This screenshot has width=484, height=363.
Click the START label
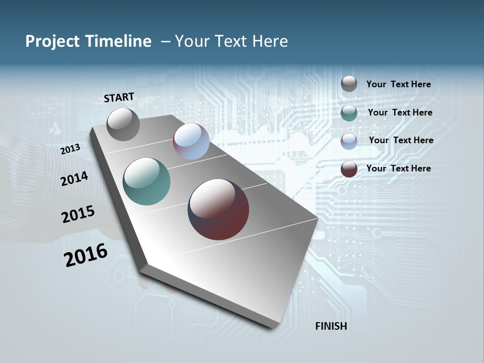pyautogui.click(x=119, y=97)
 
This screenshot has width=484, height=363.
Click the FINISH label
pyautogui.click(x=331, y=326)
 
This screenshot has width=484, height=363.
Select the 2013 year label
pyautogui.click(x=71, y=149)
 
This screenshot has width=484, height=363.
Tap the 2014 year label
pyautogui.click(x=74, y=178)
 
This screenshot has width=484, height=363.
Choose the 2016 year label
pyautogui.click(x=86, y=255)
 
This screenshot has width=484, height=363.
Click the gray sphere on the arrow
pyautogui.click(x=123, y=124)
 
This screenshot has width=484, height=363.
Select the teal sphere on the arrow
pyautogui.click(x=146, y=181)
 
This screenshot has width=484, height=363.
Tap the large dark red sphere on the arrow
pyautogui.click(x=218, y=209)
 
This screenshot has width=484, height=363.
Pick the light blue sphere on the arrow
pyautogui.click(x=191, y=141)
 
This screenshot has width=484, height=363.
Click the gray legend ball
pyautogui.click(x=349, y=84)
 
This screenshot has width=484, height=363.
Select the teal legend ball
pyautogui.click(x=349, y=113)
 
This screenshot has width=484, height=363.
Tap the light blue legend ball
pyautogui.click(x=349, y=141)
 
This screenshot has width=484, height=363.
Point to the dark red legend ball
pyautogui.click(x=349, y=169)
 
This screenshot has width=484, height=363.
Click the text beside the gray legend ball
pyautogui.click(x=398, y=84)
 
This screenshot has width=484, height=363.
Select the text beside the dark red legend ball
pyautogui.click(x=398, y=168)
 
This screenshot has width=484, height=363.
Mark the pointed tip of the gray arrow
pyautogui.click(x=275, y=327)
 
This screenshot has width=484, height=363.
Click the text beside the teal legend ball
pyautogui.click(x=400, y=112)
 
